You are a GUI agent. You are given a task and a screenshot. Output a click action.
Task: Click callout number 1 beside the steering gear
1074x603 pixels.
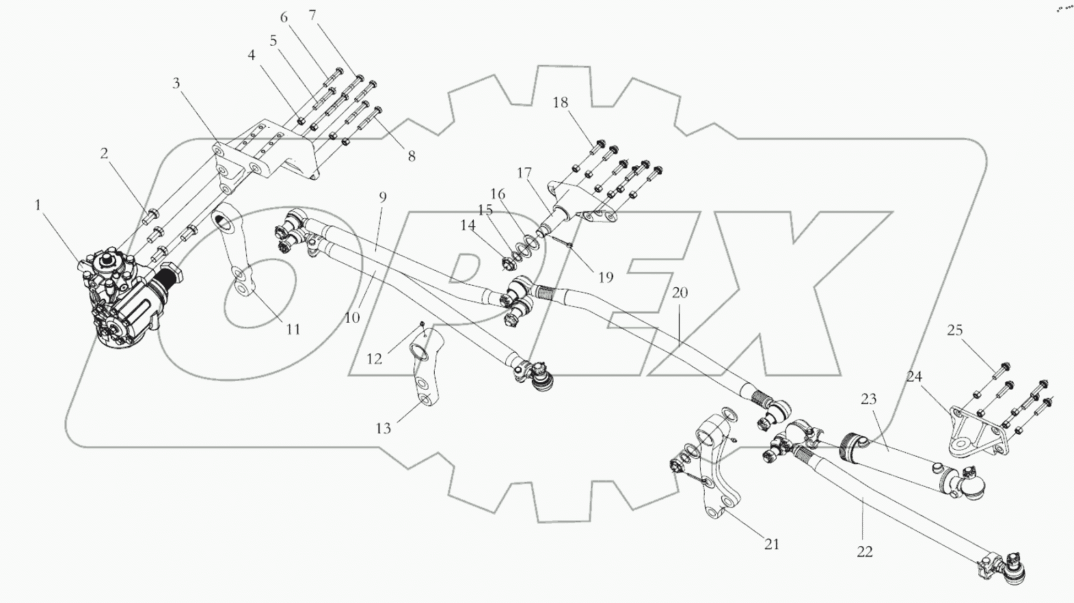38,204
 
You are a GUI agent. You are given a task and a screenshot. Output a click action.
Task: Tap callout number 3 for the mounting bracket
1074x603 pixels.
176,83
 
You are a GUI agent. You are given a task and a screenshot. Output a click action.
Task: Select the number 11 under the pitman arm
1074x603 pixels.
293,330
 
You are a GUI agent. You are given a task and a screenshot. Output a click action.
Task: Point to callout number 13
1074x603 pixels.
383,429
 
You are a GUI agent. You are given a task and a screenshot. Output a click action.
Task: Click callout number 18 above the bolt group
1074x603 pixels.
560,103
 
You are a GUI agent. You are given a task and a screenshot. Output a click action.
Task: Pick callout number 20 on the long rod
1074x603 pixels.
680,293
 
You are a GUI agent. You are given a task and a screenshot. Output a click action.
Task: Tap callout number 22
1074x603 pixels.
865,551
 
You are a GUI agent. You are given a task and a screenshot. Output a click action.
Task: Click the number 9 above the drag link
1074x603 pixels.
383,197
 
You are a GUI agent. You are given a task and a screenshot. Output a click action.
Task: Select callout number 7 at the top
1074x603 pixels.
312,15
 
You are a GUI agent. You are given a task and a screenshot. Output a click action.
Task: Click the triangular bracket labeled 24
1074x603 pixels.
971,438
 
